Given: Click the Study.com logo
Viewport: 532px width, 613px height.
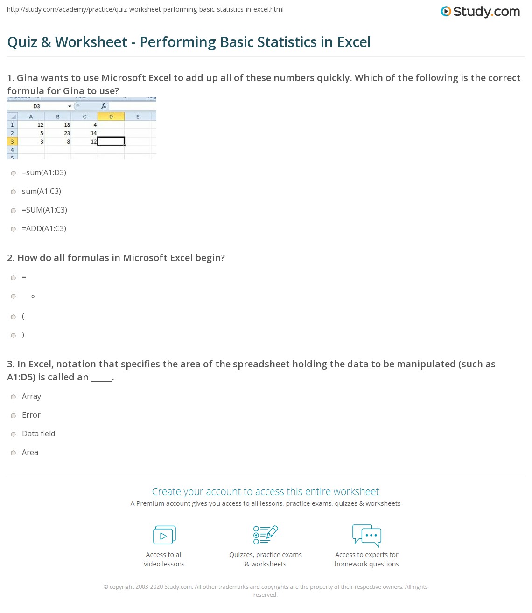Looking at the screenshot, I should point(480,12).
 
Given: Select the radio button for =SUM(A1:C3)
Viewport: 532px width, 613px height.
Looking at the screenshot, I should point(14,211).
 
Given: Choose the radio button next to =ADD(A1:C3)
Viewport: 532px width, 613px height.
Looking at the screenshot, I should point(14,229).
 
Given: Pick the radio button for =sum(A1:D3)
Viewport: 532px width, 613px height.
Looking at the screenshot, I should point(14,173).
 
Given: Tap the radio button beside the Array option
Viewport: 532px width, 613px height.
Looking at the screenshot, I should point(14,397).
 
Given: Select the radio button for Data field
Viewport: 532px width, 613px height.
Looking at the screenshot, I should point(14,434).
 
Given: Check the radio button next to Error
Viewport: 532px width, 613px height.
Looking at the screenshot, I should point(14,416).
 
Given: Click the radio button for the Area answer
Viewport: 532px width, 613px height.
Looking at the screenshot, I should point(14,453).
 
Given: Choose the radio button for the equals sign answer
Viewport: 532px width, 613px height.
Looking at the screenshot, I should point(14,278).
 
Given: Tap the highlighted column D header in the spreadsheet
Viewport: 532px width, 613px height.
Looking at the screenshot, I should point(111,117).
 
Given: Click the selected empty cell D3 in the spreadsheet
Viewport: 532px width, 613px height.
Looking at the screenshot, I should point(111,141).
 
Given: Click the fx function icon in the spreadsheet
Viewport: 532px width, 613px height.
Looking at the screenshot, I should point(104,106).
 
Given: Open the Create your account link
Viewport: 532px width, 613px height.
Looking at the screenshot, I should point(266,491).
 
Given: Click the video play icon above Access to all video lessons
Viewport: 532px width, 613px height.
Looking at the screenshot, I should point(164,535).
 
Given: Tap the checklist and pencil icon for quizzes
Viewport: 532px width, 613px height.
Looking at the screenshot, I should point(266,535).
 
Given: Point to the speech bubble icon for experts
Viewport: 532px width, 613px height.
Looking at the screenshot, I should point(367,535).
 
